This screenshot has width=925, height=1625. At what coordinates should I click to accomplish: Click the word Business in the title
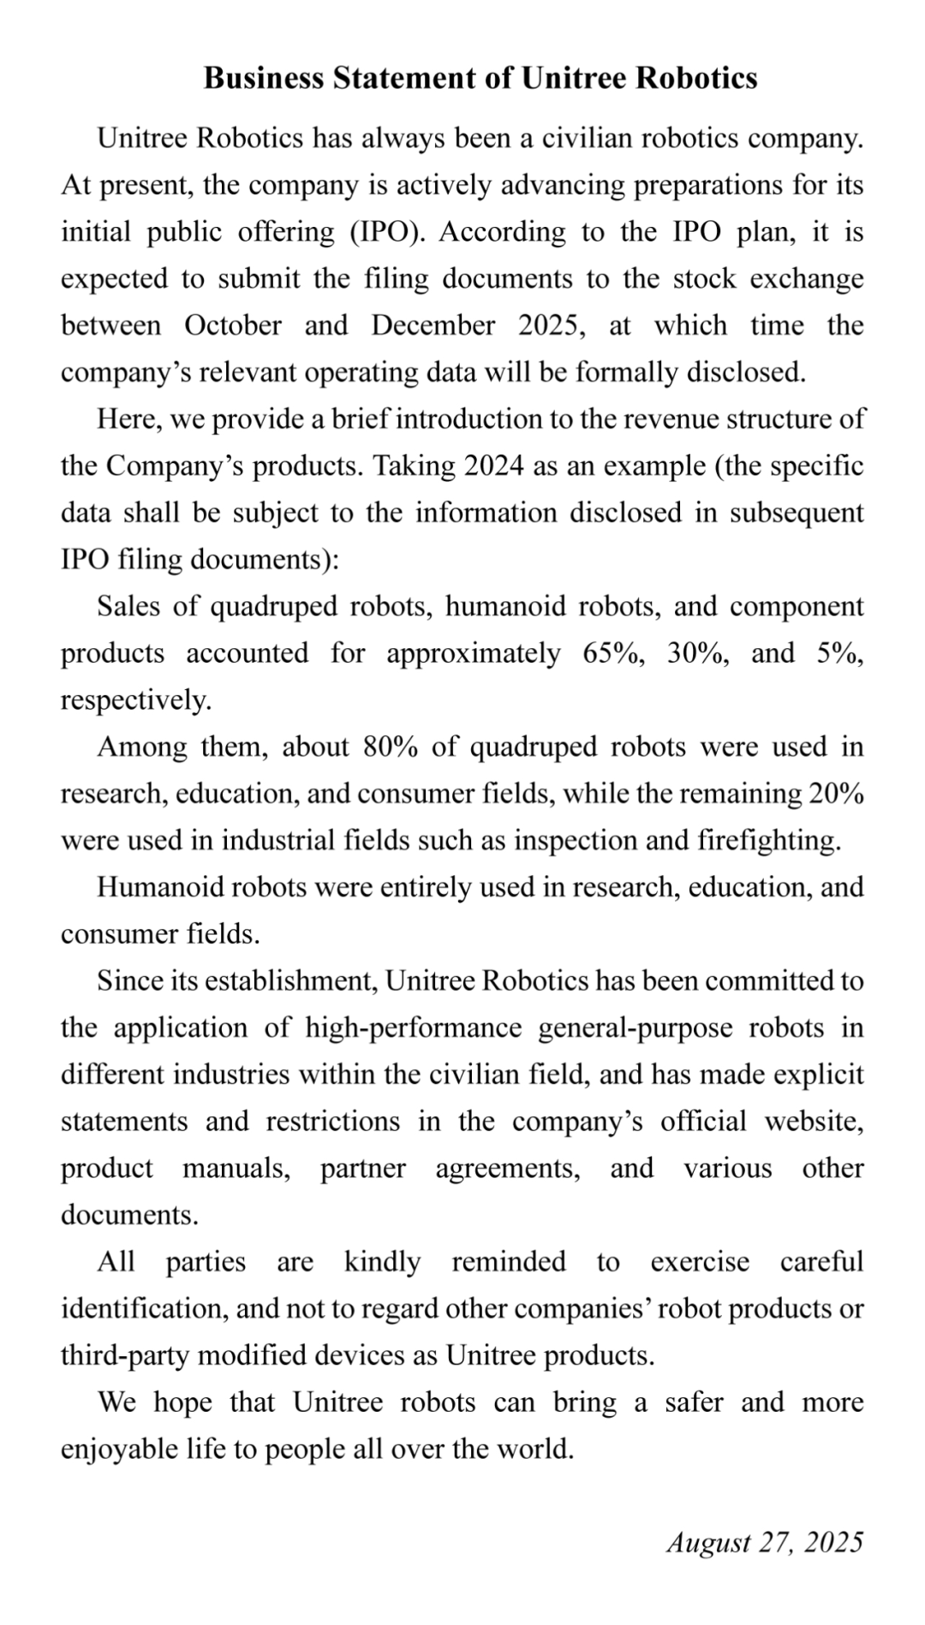tap(264, 79)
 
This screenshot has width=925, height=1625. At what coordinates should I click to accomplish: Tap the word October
tap(233, 326)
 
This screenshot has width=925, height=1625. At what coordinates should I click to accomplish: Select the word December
tap(433, 326)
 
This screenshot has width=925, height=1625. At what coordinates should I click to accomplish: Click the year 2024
tap(494, 467)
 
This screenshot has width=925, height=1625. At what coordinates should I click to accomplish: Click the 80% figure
tap(391, 747)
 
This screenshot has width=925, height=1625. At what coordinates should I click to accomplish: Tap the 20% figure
tap(836, 794)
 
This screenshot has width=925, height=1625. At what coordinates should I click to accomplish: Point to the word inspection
tap(575, 841)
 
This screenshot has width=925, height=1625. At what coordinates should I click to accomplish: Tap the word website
tap(814, 1122)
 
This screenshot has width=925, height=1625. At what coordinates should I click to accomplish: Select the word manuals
tap(236, 1169)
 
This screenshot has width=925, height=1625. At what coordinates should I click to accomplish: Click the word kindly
tap(382, 1262)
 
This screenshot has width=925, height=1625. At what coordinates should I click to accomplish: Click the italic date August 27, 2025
tap(764, 1543)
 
